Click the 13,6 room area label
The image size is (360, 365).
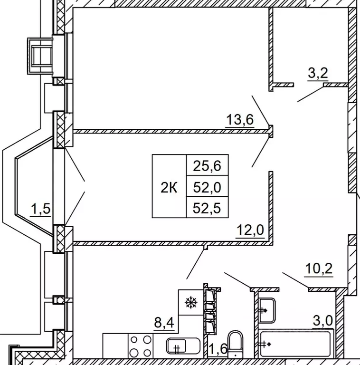click(240, 120)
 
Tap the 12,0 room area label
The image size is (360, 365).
click(250, 231)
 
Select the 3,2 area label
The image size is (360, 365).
click(318, 73)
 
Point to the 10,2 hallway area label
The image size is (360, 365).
click(319, 269)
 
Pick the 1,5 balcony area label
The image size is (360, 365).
click(41, 209)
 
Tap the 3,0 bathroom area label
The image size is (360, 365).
click(323, 321)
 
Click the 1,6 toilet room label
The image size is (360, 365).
click(218, 349)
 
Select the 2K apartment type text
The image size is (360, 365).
click(169, 188)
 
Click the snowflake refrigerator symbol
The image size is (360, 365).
click(191, 302)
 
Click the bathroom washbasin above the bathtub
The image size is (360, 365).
click(267, 310)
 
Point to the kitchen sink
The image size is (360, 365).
click(183, 346)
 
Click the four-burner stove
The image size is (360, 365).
click(141, 346)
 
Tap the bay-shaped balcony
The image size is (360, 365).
click(28, 186)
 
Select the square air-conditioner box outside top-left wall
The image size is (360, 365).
click(40, 56)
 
